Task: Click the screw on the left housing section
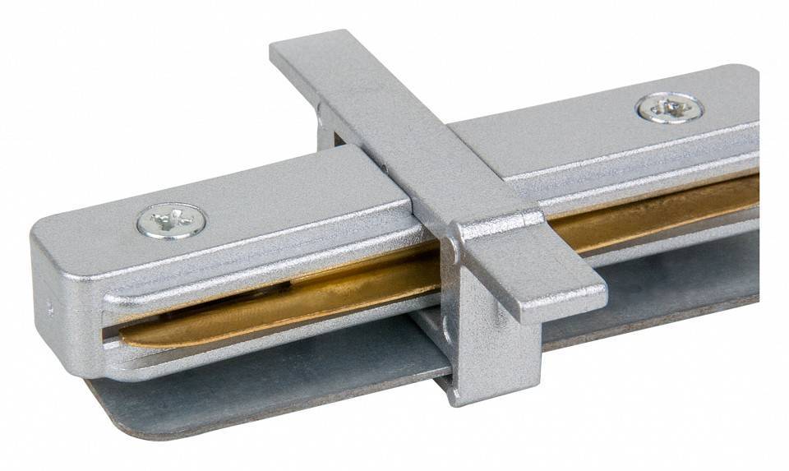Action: pos(172,220)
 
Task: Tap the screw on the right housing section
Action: pos(669,108)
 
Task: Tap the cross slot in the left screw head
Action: pos(172,219)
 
